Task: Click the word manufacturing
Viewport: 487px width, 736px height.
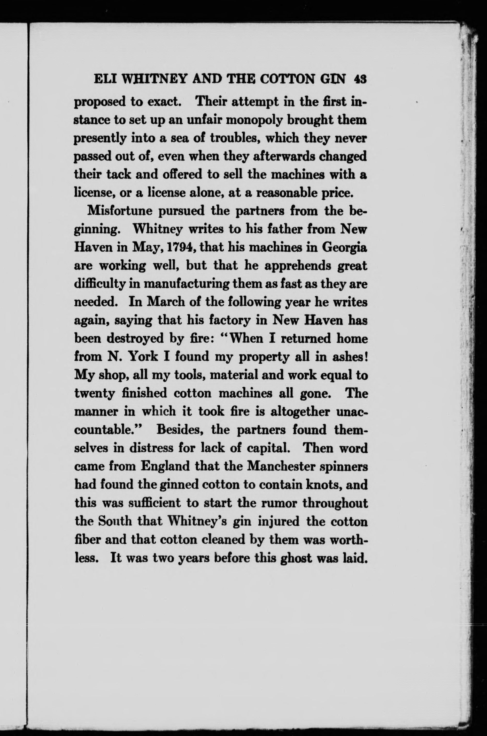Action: (188, 284)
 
